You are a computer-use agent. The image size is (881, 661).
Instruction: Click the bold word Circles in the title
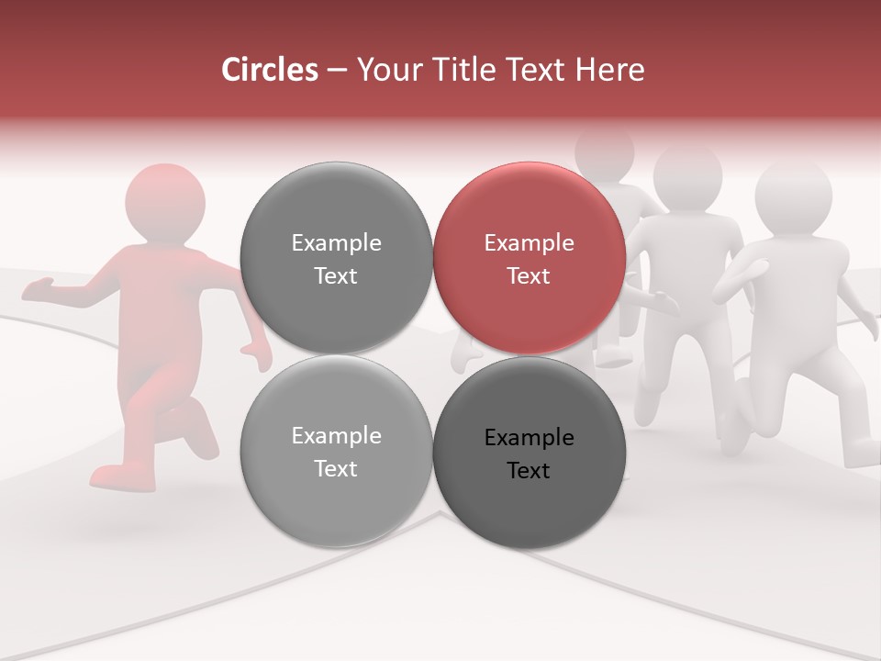(270, 70)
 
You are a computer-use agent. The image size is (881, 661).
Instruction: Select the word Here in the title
(610, 70)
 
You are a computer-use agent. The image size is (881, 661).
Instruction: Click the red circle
(530, 258)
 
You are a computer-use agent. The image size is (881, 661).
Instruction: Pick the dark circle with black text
(530, 453)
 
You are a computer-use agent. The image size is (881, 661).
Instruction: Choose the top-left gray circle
(336, 258)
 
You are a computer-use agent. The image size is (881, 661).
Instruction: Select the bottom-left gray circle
(336, 451)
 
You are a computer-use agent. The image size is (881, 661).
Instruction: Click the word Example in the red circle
(530, 243)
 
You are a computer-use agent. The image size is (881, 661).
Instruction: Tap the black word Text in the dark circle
(529, 470)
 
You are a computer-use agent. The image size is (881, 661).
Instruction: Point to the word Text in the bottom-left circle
(336, 468)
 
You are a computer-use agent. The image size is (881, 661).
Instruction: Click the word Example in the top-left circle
(336, 243)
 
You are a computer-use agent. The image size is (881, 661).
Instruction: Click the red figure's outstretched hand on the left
(37, 290)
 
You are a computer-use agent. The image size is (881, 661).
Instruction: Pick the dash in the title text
(336, 70)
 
